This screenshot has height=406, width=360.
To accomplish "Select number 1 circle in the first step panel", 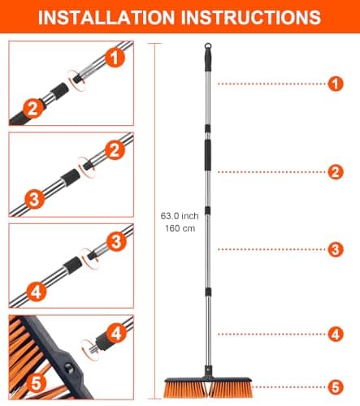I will [x=115, y=58].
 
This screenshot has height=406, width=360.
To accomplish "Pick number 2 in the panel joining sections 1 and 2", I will [x=32, y=106].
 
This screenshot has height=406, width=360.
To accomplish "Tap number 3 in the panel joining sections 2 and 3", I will [x=32, y=197].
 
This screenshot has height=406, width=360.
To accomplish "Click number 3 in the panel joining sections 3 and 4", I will [x=115, y=241].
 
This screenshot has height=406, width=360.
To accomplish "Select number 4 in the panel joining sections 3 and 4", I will [x=32, y=288].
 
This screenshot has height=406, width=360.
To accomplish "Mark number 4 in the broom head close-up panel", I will [x=115, y=332].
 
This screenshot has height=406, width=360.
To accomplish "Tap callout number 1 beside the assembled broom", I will [x=332, y=83].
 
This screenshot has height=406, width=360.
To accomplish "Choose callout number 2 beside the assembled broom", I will [x=332, y=171].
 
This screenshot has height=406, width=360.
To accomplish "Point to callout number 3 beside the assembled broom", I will [x=332, y=250].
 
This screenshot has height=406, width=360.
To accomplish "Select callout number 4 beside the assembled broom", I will [x=332, y=333].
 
